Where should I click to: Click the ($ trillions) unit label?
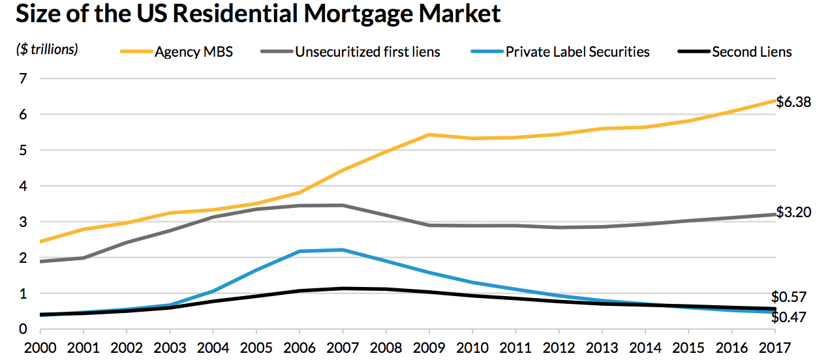[47, 50]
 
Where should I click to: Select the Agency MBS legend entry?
[193, 52]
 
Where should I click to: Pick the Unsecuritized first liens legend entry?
[367, 52]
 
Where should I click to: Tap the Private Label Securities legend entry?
[577, 52]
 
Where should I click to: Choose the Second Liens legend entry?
[752, 52]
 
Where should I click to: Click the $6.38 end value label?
[793, 102]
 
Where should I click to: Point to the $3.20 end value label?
[793, 213]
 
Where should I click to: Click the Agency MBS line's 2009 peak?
[429, 134]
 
